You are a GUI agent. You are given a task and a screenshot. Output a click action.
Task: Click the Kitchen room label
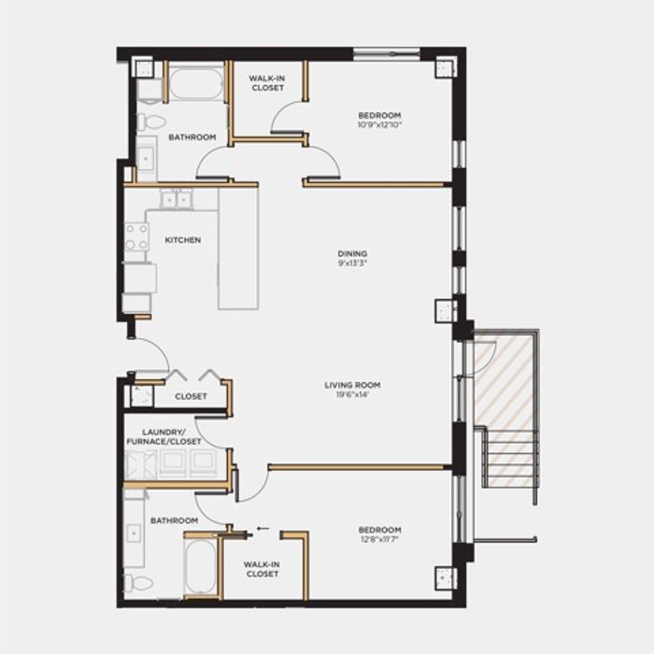click(183, 240)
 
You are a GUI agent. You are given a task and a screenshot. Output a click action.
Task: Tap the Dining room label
click(352, 253)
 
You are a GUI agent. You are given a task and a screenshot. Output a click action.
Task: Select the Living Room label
click(352, 385)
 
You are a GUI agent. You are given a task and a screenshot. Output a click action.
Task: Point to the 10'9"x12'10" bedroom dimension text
click(379, 124)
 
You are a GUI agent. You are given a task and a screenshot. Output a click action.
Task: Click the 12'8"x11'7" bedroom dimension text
click(379, 539)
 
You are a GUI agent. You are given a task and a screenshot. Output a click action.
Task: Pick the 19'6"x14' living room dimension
click(353, 394)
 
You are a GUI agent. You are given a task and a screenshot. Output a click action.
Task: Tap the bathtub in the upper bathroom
click(196, 83)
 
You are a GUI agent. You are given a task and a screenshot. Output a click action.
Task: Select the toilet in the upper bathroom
click(150, 121)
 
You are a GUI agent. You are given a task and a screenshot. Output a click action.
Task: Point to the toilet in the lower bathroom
click(138, 583)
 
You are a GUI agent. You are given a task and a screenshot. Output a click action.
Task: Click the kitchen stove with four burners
click(136, 236)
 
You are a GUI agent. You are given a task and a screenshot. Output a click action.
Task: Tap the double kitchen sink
click(176, 199)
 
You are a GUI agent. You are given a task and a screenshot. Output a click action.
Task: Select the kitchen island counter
click(238, 249)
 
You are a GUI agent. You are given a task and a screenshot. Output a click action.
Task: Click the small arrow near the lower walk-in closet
click(263, 529)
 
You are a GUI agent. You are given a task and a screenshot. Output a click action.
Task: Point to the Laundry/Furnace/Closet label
click(163, 436)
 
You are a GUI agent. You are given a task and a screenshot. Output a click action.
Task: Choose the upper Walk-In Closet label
click(268, 83)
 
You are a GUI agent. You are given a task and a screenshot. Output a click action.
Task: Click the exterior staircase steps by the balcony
click(510, 458)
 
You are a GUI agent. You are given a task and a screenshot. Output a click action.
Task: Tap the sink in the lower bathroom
click(134, 533)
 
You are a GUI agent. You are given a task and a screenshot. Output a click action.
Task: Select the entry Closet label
click(191, 396)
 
